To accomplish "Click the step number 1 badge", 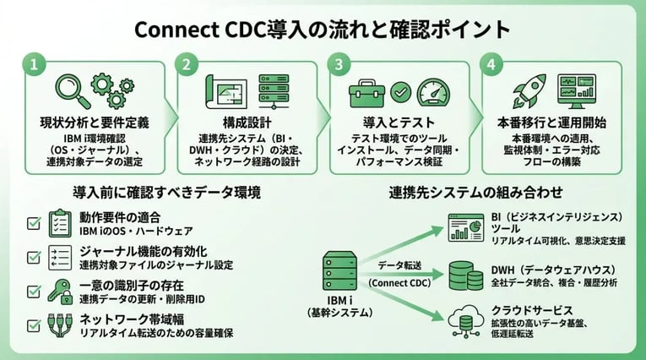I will pos(33,64).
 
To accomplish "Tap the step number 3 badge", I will pos(339,64).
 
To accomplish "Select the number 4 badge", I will pos(492,64).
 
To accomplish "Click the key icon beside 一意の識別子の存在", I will pos(60,290).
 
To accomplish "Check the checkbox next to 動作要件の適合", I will pos(34,224).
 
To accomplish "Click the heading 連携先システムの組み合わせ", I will pos(476,192).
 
